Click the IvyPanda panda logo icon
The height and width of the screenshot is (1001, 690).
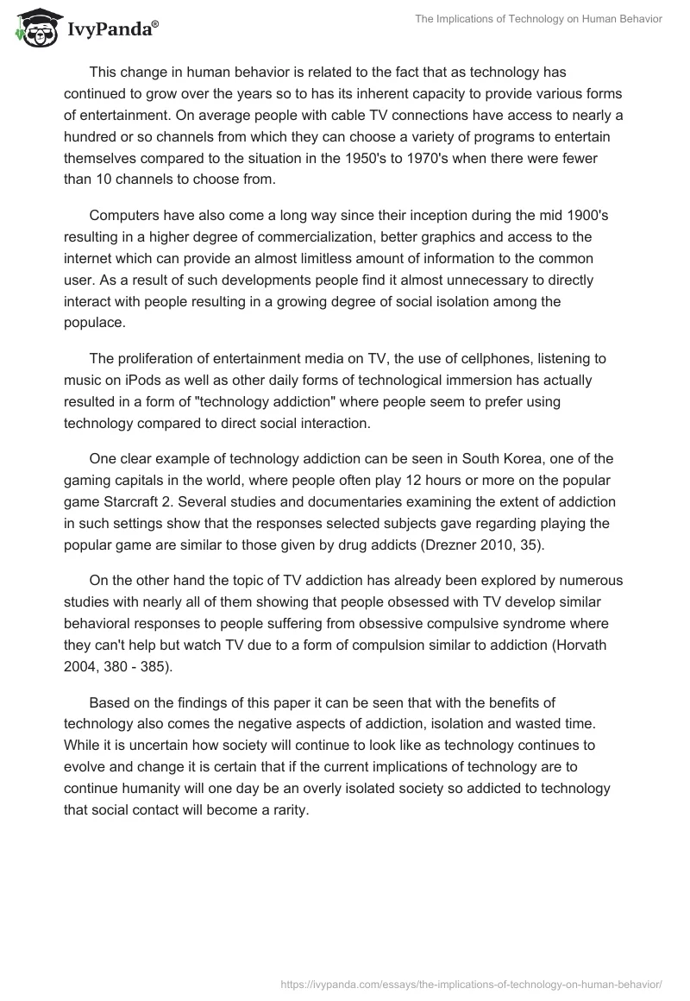point(34,28)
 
